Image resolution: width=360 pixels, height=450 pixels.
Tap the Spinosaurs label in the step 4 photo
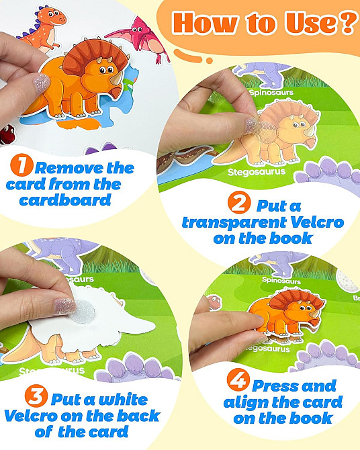281,280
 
